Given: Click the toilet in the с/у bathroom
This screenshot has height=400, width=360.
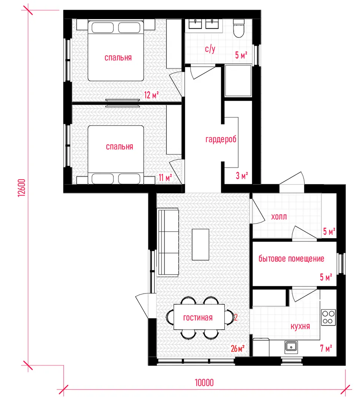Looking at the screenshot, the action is click(x=239, y=28).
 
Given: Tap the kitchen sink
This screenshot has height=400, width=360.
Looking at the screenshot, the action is click(x=291, y=347).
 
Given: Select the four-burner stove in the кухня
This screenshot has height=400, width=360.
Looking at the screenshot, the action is click(x=329, y=317).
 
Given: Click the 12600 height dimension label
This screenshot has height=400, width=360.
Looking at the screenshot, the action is click(x=22, y=187).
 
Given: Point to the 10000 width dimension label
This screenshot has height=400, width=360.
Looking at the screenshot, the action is click(x=204, y=383).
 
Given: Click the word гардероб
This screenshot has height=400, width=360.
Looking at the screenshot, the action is click(x=221, y=139).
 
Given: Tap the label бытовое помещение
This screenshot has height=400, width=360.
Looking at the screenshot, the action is click(x=291, y=259).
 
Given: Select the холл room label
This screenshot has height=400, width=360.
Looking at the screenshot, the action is click(x=279, y=217).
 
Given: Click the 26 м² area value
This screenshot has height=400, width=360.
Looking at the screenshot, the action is click(x=238, y=349).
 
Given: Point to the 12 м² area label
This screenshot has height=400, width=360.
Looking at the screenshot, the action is click(x=151, y=95).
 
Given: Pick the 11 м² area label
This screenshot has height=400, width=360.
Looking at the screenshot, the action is click(x=165, y=177).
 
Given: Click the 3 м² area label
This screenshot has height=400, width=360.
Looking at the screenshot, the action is click(x=242, y=176).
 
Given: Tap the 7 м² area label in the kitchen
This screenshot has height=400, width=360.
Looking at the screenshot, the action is click(x=326, y=348).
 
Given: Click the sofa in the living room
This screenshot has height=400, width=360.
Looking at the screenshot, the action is click(x=169, y=242).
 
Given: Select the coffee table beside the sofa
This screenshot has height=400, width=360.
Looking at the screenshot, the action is click(x=200, y=244).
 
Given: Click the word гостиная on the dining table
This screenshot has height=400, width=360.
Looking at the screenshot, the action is click(x=198, y=318).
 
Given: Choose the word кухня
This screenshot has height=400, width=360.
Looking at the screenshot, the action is click(x=300, y=326).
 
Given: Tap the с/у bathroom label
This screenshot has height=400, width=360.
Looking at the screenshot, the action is click(x=210, y=49).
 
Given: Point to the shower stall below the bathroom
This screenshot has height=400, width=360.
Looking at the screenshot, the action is click(x=238, y=81).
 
